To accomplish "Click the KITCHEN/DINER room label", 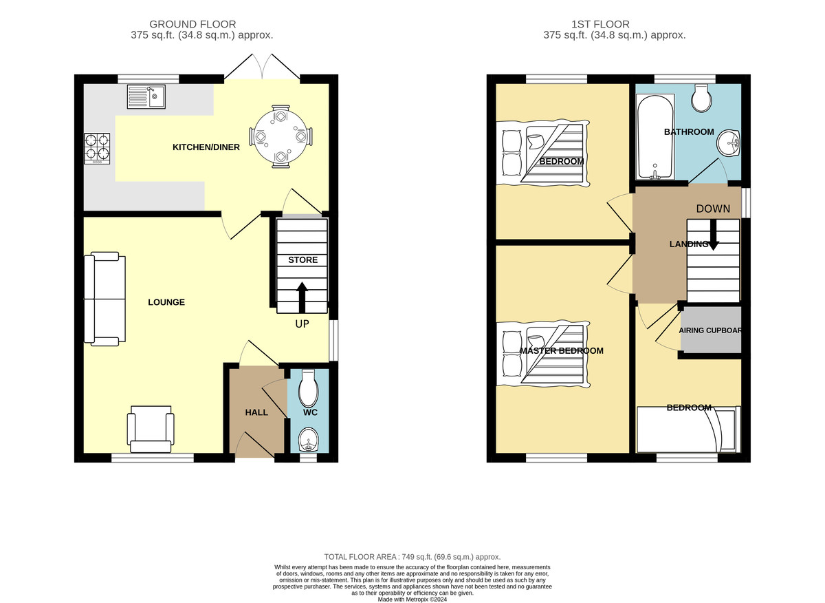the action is pos(206,147).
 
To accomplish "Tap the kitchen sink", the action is pos(146,96).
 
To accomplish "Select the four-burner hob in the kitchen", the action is pos(97,149).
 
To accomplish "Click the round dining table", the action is pos(280,137).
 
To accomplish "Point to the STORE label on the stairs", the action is pos(302,260).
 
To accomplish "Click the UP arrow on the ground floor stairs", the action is pos(302,298).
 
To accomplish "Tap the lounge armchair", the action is pos(151,430).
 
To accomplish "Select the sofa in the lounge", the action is pos(105,299).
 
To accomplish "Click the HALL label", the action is pos(256,412).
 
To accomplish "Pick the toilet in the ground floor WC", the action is pos(309,388).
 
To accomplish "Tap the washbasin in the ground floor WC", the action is pos(309,440).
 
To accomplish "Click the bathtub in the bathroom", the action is pos(656,137).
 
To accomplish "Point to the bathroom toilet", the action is pos(701,98).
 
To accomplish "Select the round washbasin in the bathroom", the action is pos(728,142).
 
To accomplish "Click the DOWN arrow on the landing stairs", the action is pos(713,235).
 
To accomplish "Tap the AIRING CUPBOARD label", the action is pos(709,330).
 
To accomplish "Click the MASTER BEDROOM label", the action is pos(562,351).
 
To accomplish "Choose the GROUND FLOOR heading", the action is pos(192,24).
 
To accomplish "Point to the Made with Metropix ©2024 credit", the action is pos(412,600).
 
